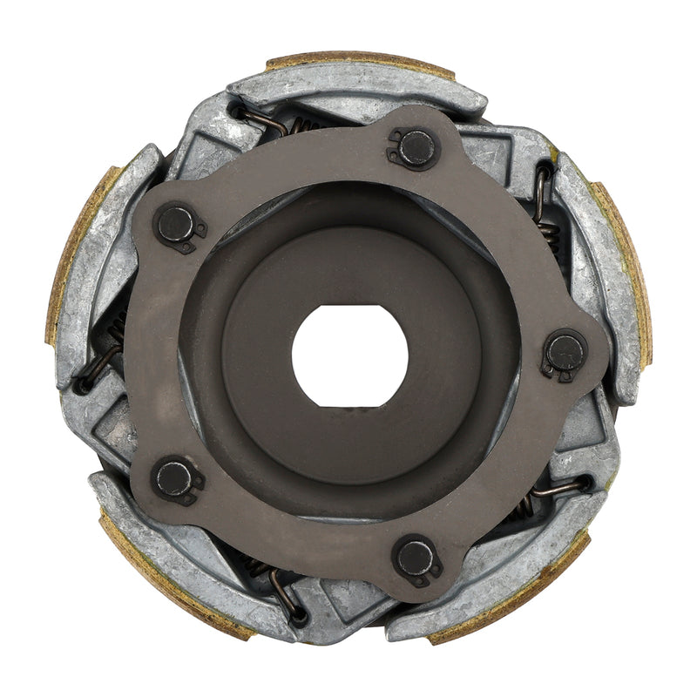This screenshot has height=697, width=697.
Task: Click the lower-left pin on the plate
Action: [x=174, y=477]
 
